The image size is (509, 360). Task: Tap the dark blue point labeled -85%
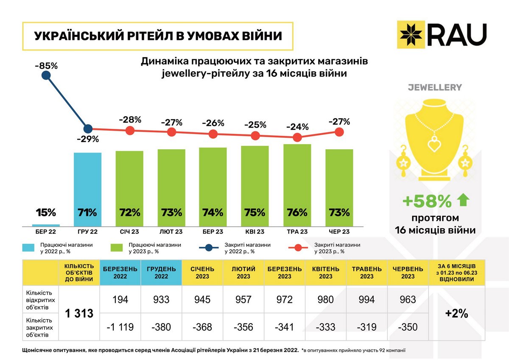pos(46,76)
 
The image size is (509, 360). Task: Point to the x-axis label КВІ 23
pos(255,232)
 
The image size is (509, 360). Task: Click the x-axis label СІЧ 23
pos(129,232)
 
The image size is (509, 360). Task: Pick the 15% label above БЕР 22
pos(46,212)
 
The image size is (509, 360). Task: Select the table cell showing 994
pos(366,300)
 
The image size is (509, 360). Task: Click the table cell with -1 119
pos(120,327)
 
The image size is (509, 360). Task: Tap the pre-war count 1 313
pos(79,314)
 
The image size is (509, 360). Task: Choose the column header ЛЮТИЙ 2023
pos(243,273)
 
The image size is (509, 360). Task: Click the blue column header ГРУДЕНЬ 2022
pos(161,273)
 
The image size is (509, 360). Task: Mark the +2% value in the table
pos(456,314)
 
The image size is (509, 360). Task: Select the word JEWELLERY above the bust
pos(435,88)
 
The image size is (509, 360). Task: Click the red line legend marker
pos(298,248)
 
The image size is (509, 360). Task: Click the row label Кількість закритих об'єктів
pos(39,327)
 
